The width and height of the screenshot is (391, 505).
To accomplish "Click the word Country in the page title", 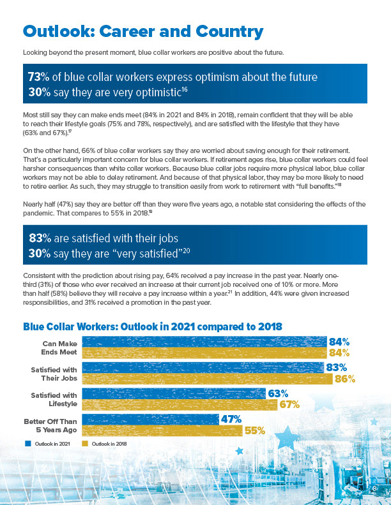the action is click(x=229, y=32).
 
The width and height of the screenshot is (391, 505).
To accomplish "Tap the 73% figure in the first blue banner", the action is click(x=38, y=77).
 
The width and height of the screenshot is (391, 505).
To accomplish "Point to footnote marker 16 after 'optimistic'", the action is click(x=185, y=89).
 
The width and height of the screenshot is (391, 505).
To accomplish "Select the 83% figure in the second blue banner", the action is click(x=40, y=238).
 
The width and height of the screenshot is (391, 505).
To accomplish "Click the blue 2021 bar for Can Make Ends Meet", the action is click(x=204, y=341).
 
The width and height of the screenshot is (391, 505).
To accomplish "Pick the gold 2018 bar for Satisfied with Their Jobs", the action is click(x=207, y=379).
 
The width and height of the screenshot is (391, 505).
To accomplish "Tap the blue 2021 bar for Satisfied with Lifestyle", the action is click(x=174, y=393).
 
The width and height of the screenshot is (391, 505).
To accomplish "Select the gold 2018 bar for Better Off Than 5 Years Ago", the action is click(x=162, y=430).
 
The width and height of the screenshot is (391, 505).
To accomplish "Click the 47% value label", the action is click(x=231, y=419).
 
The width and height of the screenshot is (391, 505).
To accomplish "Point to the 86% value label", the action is click(x=345, y=379).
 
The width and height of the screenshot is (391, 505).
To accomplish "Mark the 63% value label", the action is click(x=278, y=393).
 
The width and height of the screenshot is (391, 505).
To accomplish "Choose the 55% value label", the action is click(x=255, y=430).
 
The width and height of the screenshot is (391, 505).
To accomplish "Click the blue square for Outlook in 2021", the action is click(x=28, y=444).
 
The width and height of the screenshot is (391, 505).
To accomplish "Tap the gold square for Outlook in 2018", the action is click(x=85, y=444).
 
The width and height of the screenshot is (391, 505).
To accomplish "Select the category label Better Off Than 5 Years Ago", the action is click(x=50, y=425).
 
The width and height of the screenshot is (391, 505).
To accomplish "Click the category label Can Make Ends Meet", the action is click(x=59, y=348).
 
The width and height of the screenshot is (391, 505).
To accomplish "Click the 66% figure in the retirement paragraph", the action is click(x=88, y=150).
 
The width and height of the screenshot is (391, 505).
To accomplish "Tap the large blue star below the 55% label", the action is click(x=287, y=436).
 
